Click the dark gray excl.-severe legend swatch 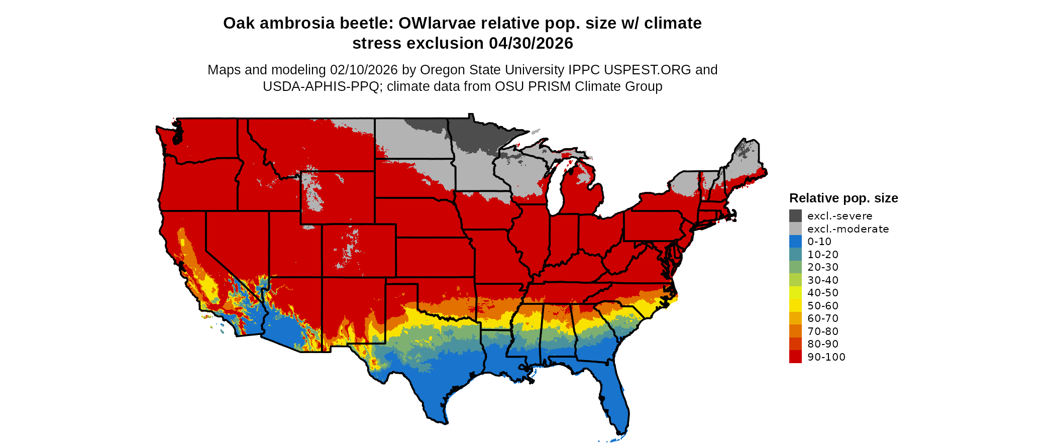click(795, 216)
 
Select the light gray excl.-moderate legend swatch click(795, 229)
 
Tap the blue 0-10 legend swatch click(795, 242)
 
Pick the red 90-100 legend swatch click(795, 357)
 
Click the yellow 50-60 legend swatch click(795, 305)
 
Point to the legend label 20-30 click(823, 267)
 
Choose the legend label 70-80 click(823, 331)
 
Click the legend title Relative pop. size click(843, 198)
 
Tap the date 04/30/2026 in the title click(531, 43)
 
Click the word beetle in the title click(366, 23)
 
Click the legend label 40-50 click(823, 293)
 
